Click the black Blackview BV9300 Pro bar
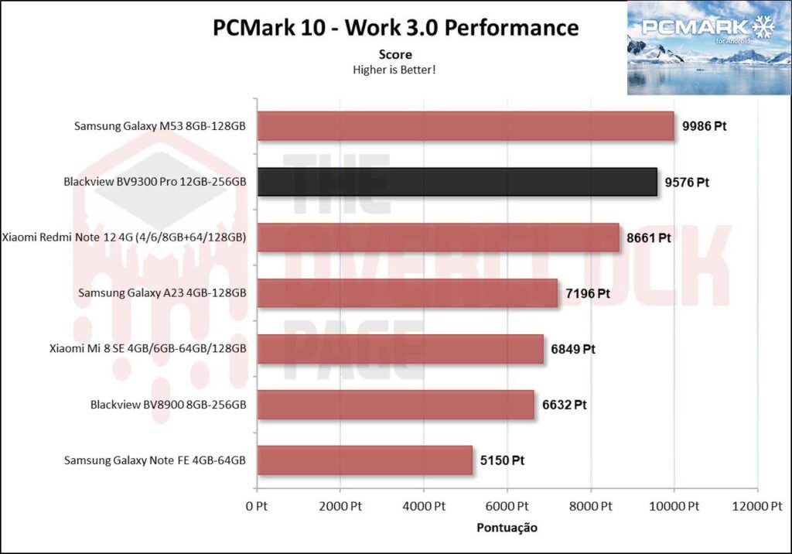[x=456, y=183]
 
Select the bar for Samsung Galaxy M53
[x=465, y=126]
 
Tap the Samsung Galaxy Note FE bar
[x=364, y=460]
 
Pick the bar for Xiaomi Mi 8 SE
[x=400, y=349]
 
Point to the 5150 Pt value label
[x=502, y=460]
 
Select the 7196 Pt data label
[x=588, y=293]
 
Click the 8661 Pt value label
[x=648, y=238]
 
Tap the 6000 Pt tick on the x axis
[x=507, y=507]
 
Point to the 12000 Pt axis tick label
[x=756, y=507]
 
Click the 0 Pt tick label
[x=258, y=507]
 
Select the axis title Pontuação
[x=506, y=528]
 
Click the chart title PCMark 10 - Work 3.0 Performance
[x=396, y=28]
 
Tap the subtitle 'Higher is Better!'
[x=395, y=70]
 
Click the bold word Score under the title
[x=395, y=55]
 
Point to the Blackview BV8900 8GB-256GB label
[x=168, y=405]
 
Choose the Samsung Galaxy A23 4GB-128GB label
[x=162, y=293]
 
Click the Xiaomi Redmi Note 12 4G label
[x=125, y=238]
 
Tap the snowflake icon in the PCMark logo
[x=763, y=28]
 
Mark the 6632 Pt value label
[x=565, y=405]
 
